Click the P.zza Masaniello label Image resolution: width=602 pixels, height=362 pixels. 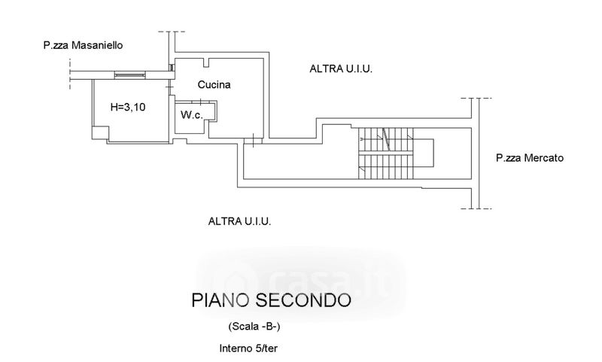[x=83, y=45]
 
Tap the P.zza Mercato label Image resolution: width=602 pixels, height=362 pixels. [x=530, y=158]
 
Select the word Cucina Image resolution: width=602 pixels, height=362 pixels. [x=214, y=84]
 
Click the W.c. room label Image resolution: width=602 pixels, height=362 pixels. [x=192, y=114]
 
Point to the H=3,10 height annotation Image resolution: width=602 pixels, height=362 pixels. [x=128, y=107]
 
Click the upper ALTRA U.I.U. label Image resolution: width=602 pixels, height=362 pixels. [x=341, y=68]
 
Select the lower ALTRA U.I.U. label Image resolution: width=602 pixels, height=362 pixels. [x=239, y=221]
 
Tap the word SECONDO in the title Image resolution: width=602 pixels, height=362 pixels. [x=303, y=300]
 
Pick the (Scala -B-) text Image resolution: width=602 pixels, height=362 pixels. [x=254, y=327]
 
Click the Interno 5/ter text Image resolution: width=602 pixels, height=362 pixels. [x=248, y=348]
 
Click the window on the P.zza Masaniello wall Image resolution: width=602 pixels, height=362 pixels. [x=130, y=75]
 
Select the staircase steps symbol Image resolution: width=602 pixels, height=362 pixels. [x=386, y=154]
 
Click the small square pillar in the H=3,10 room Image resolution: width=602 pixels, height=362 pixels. [x=100, y=132]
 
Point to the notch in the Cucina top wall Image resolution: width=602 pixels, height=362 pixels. [x=206, y=62]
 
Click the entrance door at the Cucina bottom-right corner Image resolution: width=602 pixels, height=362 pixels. [x=254, y=141]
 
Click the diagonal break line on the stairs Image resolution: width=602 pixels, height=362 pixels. [x=386, y=139]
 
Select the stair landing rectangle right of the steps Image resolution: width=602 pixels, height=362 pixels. [x=424, y=154]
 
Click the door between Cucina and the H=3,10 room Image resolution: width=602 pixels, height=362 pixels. [x=171, y=88]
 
